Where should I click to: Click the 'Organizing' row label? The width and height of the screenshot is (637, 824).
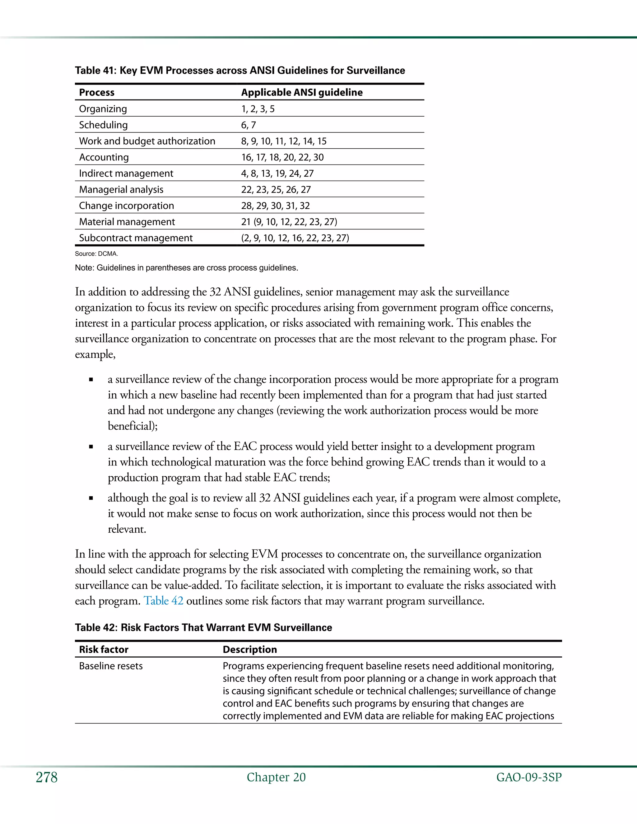pyautogui.click(x=103, y=109)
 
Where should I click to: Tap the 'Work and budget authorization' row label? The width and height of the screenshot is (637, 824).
pyautogui.click(x=147, y=141)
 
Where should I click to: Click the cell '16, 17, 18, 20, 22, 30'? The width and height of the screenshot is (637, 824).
pyautogui.click(x=282, y=157)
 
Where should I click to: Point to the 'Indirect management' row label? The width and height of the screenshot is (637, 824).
pyautogui.click(x=126, y=174)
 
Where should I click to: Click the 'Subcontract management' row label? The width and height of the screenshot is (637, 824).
pyautogui.click(x=136, y=238)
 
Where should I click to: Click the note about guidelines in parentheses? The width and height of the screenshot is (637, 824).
pyautogui.click(x=186, y=268)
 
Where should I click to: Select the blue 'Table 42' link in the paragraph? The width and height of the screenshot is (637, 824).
pyautogui.click(x=163, y=601)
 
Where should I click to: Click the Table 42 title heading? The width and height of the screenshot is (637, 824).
pyautogui.click(x=203, y=627)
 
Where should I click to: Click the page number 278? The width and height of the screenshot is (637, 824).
pyautogui.click(x=47, y=777)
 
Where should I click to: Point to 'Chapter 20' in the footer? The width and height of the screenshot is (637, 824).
pyautogui.click(x=276, y=777)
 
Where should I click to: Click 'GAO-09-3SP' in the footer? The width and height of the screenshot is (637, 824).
pyautogui.click(x=529, y=777)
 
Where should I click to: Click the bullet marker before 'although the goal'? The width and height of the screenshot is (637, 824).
pyautogui.click(x=91, y=498)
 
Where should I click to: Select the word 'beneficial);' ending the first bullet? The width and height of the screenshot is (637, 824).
pyautogui.click(x=133, y=426)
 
